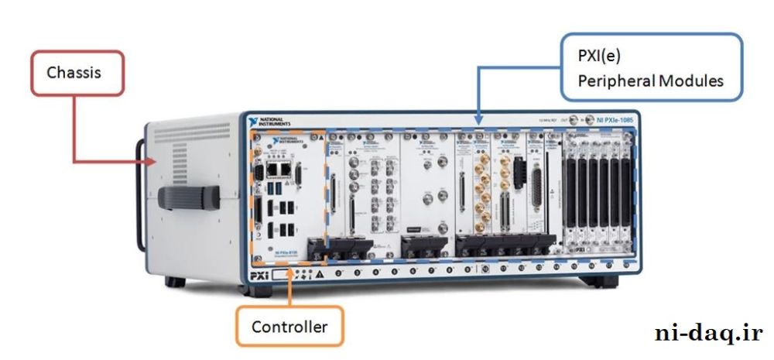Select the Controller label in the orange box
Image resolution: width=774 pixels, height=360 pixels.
pos(289,327)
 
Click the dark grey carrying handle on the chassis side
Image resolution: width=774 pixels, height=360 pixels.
pos(190,199)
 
